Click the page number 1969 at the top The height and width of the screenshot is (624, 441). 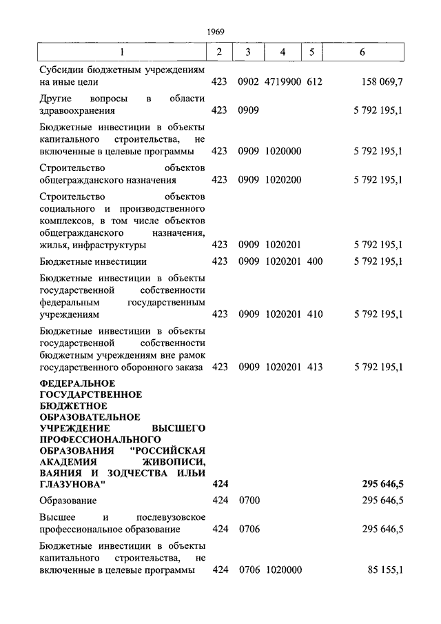click(x=216, y=30)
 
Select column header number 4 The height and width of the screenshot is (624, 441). click(x=283, y=52)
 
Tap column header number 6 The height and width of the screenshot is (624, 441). click(x=362, y=52)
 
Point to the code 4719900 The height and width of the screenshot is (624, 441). click(x=283, y=82)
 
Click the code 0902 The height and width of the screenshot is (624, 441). click(x=248, y=82)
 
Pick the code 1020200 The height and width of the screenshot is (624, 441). click(x=283, y=180)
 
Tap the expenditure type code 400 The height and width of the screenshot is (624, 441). click(x=314, y=261)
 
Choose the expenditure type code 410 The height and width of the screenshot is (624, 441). click(x=314, y=314)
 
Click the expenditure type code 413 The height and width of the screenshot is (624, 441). click(x=314, y=367)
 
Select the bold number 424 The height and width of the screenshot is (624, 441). click(x=220, y=485)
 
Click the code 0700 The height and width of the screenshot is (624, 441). click(x=248, y=501)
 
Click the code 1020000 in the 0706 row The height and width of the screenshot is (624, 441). click(x=283, y=570)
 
